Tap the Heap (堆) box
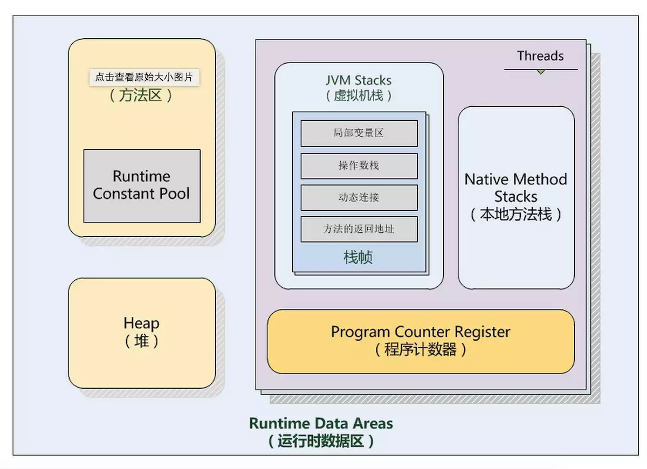(x=142, y=333)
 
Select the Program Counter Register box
(x=421, y=341)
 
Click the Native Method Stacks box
(x=516, y=197)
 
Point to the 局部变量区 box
(x=359, y=133)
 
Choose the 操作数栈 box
(x=359, y=165)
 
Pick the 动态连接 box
(x=359, y=197)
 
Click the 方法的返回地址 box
(x=359, y=229)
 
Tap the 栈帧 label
(x=359, y=257)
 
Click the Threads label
(x=540, y=56)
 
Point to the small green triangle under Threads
(x=541, y=72)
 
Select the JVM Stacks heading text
(x=359, y=80)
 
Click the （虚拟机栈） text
(x=359, y=96)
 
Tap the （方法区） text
(x=141, y=96)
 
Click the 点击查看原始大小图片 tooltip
(x=144, y=77)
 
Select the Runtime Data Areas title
(x=321, y=423)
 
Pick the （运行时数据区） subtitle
(x=321, y=442)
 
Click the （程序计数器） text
(x=421, y=349)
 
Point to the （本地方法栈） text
(x=516, y=215)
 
